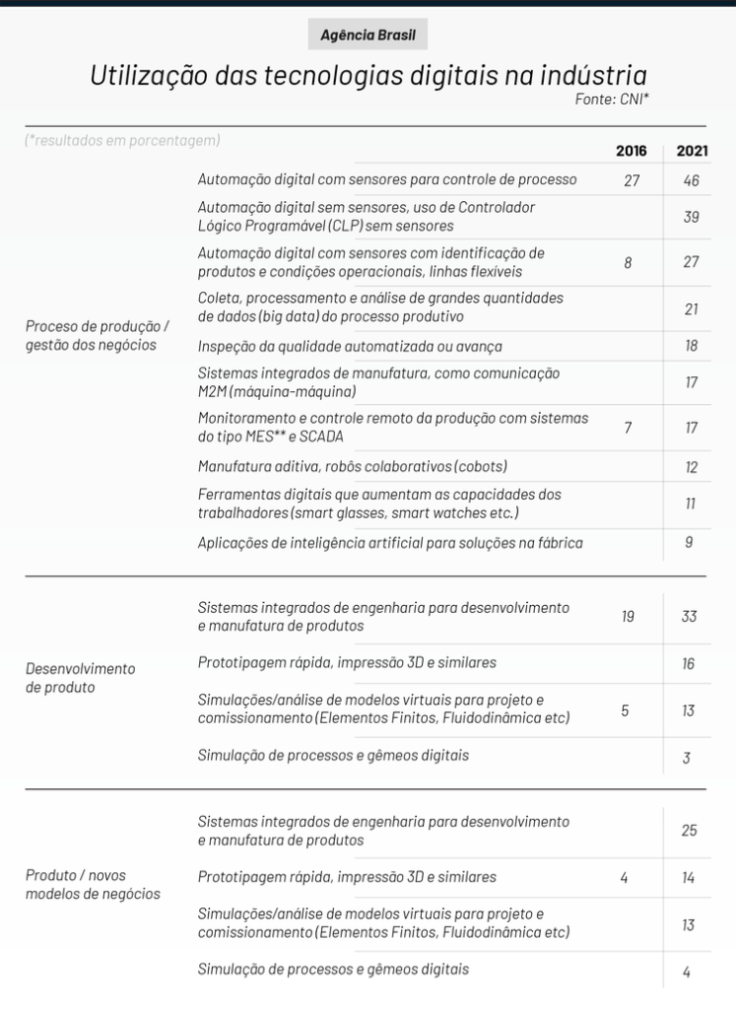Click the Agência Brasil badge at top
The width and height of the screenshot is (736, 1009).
pyautogui.click(x=368, y=34)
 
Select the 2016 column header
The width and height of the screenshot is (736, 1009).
pyautogui.click(x=632, y=151)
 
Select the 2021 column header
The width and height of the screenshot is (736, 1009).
pyautogui.click(x=692, y=151)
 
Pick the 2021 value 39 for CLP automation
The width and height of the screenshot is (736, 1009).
pyautogui.click(x=692, y=217)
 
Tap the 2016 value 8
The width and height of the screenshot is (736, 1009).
pyautogui.click(x=628, y=262)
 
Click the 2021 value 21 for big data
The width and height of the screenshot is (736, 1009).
pyautogui.click(x=692, y=308)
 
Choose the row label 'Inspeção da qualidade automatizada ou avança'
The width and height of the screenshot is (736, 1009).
pyautogui.click(x=351, y=346)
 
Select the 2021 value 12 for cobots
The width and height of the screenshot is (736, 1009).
pyautogui.click(x=692, y=466)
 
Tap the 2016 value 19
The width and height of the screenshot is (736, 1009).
pyautogui.click(x=628, y=617)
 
